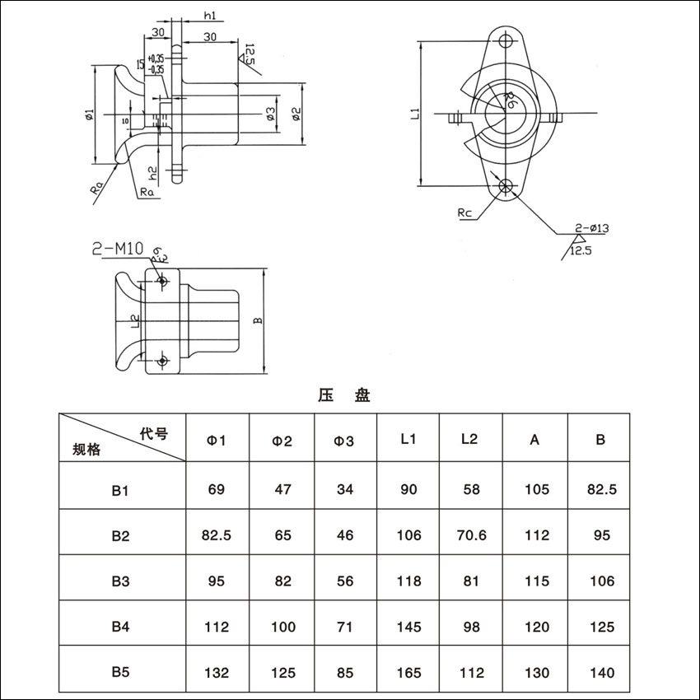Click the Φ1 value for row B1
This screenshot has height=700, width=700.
tap(216, 489)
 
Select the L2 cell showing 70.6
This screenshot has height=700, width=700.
tap(471, 534)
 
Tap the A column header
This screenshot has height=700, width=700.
tap(534, 440)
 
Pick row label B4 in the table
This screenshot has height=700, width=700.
tap(121, 627)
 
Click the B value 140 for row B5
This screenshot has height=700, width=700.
tap(602, 672)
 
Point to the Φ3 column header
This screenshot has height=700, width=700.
tap(344, 441)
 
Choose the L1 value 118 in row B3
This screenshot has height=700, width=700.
tap(408, 581)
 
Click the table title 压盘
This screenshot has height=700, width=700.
tap(344, 395)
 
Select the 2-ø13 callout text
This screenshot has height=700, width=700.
tap(591, 227)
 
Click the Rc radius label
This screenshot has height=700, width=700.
tap(465, 213)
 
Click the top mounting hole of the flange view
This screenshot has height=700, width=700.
tap(506, 40)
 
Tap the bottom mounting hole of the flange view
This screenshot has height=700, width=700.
tap(506, 185)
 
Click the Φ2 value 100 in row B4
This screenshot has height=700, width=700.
tap(282, 627)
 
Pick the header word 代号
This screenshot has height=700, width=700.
tap(153, 432)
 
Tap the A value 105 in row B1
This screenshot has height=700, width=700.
tap(536, 489)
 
